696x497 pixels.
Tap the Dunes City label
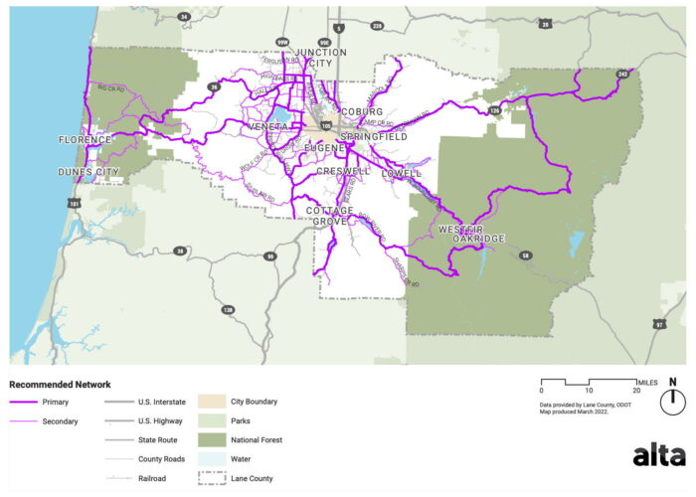(x=88, y=172)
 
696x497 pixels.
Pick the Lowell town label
(x=401, y=173)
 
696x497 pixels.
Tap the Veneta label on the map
(x=268, y=127)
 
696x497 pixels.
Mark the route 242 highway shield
(x=623, y=74)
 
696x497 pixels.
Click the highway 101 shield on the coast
(x=73, y=204)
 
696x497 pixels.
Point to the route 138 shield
(x=228, y=310)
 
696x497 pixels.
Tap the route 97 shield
(x=658, y=324)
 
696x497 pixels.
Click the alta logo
(x=658, y=455)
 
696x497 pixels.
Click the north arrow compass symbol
(x=672, y=398)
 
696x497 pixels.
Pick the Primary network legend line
(x=24, y=402)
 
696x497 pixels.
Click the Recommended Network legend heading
(x=60, y=384)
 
